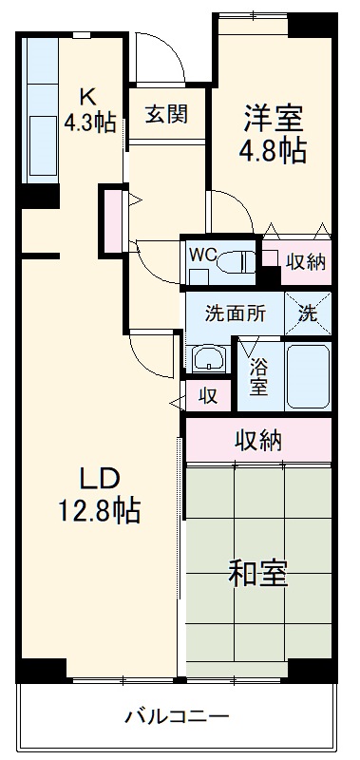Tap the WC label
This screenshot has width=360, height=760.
pos(202,254)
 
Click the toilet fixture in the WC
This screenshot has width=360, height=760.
pos(238,262)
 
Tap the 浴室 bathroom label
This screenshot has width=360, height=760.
pos(259,373)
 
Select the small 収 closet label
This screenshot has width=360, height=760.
pos(207,395)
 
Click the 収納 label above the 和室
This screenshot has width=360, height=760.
pos(257,439)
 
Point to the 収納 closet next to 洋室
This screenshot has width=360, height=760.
pos(306,262)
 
